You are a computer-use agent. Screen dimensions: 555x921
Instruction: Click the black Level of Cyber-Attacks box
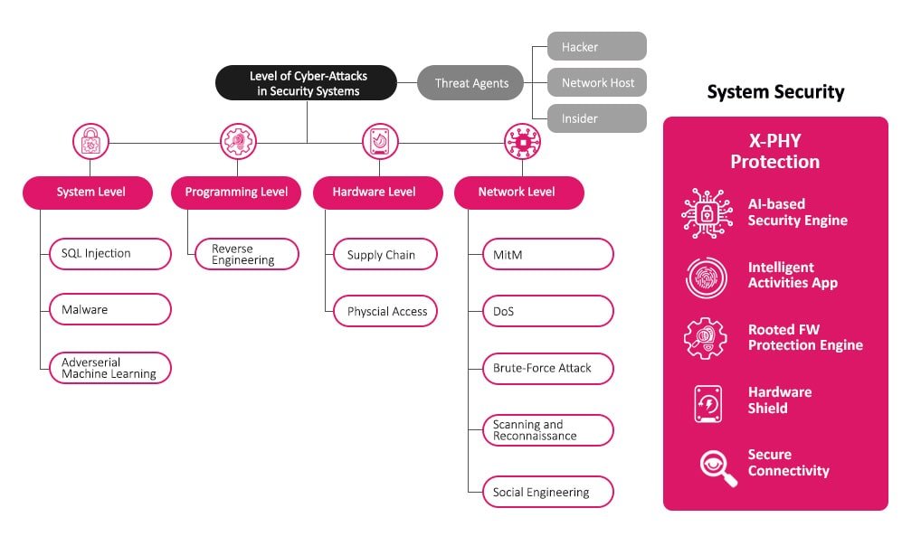coord(306,83)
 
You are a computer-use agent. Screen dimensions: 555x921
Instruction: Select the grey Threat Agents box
coord(470,83)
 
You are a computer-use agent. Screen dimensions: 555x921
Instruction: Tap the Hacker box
coord(597,46)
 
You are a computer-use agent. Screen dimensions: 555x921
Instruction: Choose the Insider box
coord(597,118)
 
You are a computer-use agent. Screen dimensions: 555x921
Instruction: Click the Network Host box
coord(597,82)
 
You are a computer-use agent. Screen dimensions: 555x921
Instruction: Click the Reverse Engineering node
coord(247,254)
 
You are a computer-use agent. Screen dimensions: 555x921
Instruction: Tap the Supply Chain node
coord(385,255)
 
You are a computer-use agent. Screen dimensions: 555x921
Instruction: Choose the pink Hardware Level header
coord(377,193)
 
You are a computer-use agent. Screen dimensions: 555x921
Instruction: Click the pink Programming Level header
coord(236,193)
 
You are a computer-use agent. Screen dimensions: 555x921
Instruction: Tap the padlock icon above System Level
coord(90,141)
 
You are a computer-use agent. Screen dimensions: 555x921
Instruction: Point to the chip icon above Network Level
coord(522,141)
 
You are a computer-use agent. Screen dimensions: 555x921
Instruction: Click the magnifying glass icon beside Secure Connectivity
coord(717,466)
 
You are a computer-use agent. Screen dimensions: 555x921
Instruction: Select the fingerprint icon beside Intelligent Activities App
coord(705,277)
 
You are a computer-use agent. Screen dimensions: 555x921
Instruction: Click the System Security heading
coord(775,92)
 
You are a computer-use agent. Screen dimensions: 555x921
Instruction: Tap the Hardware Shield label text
coord(780,400)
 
